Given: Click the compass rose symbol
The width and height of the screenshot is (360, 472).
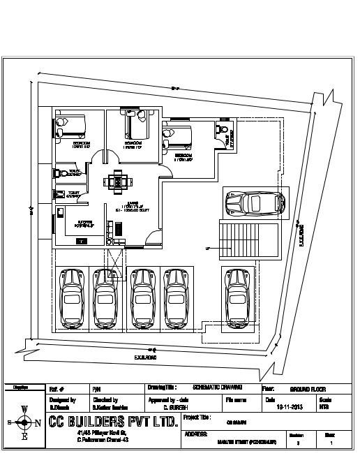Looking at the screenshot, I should (x=24, y=422).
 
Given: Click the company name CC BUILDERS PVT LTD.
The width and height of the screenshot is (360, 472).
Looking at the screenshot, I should (x=112, y=421).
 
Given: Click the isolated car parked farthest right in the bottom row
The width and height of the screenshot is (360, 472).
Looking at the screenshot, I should (x=238, y=298).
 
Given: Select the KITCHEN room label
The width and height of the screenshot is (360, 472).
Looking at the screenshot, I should (x=84, y=225).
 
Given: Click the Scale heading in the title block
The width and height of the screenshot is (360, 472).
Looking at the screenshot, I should (x=325, y=399).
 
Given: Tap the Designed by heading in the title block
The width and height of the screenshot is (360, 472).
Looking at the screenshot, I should (x=63, y=399).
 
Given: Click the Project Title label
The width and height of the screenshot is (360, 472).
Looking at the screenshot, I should (x=196, y=417).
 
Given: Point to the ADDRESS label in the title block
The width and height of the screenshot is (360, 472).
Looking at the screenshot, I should (x=196, y=434).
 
